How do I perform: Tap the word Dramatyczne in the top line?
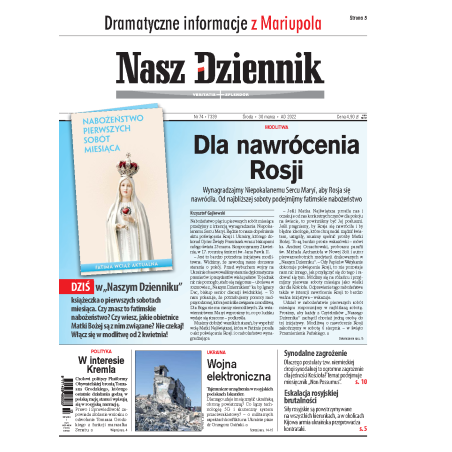138,18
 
